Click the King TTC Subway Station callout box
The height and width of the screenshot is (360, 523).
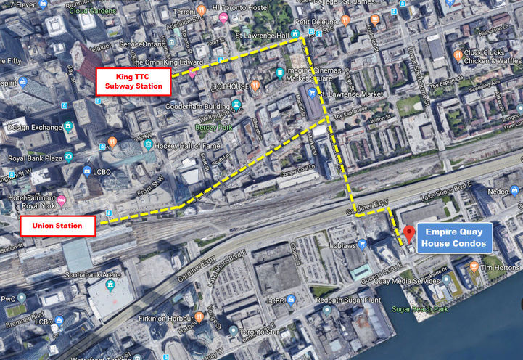pyautogui.click(x=133, y=81)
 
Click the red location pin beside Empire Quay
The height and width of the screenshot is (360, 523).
pyautogui.click(x=408, y=233)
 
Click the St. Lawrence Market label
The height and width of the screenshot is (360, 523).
pyautogui.click(x=357, y=94)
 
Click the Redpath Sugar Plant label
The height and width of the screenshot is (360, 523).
pyautogui.click(x=366, y=300)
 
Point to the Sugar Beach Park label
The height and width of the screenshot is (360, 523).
pyautogui.click(x=443, y=308)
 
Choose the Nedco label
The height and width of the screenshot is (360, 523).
pyautogui.click(x=498, y=192)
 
